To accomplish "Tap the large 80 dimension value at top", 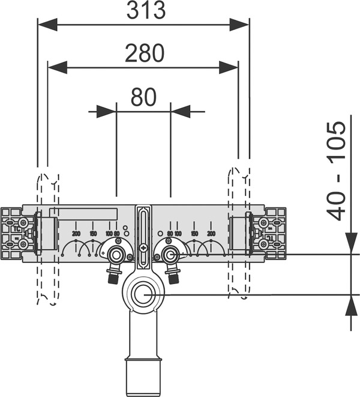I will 143,97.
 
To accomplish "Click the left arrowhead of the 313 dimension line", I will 47,24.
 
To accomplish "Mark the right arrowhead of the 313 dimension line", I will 239,24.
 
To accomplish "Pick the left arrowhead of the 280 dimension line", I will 57,67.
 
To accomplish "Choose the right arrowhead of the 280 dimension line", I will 229,67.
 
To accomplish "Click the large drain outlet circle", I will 143,295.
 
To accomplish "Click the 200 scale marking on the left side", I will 76,233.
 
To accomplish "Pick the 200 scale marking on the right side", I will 211,233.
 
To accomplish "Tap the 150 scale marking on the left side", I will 93,233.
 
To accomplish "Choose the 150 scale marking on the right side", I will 194,233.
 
